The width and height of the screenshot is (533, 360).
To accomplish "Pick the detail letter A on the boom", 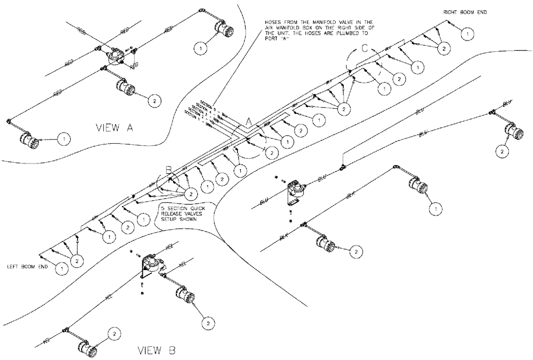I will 249,122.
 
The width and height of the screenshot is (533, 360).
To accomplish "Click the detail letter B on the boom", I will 169,170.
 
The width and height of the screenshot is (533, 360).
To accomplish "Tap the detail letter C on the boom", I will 364,47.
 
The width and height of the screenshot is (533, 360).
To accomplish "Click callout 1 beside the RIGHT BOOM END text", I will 467,34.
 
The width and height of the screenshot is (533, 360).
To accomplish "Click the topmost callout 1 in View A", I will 200,48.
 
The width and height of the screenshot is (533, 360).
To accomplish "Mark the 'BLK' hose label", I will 351,195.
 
